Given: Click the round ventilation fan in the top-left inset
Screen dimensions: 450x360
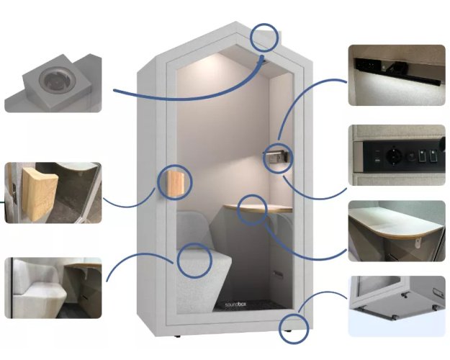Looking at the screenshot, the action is click(x=53, y=79).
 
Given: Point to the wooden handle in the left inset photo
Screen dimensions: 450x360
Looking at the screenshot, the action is click(x=40, y=194).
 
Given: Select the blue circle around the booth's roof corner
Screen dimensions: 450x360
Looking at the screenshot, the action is click(x=264, y=37).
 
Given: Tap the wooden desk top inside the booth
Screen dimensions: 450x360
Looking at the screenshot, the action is click(x=258, y=208).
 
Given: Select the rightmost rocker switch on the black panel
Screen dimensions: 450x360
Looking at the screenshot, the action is click(x=433, y=157).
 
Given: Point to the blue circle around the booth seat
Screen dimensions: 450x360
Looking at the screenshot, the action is click(x=194, y=261).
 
